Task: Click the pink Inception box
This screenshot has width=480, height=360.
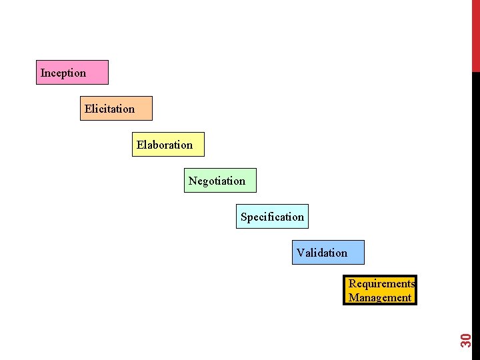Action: [73, 72]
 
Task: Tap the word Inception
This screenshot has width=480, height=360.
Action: [63, 73]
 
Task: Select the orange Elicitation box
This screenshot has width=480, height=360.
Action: [117, 108]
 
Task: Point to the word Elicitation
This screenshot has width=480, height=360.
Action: [109, 109]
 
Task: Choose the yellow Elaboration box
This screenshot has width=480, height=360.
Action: [168, 144]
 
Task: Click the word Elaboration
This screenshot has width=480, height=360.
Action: [165, 145]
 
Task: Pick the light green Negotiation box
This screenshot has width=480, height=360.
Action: [221, 180]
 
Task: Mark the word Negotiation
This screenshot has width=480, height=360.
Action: [217, 181]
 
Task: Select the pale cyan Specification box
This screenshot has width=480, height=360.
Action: [272, 216]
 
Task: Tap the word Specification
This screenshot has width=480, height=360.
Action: [272, 217]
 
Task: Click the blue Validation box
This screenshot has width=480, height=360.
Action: [328, 252]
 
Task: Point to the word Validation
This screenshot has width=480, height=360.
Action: [322, 253]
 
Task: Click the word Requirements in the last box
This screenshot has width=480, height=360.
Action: [381, 283]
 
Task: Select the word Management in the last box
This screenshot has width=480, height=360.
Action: [380, 298]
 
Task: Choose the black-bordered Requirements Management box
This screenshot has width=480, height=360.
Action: [380, 291]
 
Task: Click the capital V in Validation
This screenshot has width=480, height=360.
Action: [301, 253]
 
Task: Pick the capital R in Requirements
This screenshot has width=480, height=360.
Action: [352, 283]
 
